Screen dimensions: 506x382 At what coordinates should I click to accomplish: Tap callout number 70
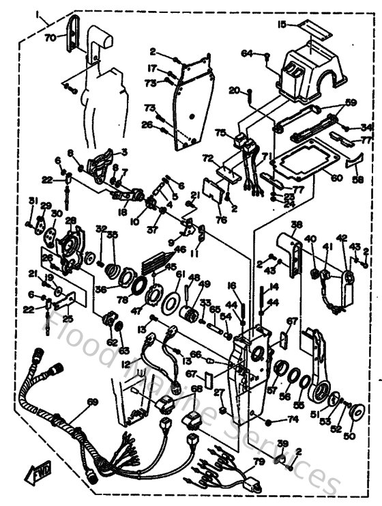tap(50, 38)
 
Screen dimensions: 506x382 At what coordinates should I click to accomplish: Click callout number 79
tap(259, 462)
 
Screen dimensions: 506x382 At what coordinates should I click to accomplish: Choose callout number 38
tap(297, 225)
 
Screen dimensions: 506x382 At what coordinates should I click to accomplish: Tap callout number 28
tap(70, 220)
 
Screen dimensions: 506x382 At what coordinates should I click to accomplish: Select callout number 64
tap(246, 52)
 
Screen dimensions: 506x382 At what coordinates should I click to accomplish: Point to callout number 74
tap(293, 419)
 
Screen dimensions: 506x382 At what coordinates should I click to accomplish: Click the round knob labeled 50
tap(354, 411)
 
